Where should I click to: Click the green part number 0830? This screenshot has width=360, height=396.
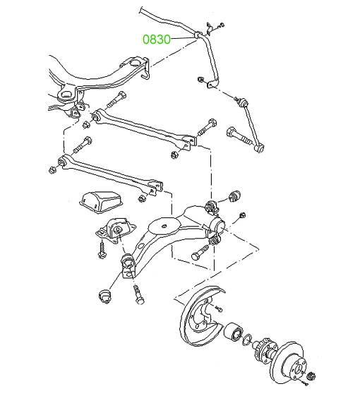157,40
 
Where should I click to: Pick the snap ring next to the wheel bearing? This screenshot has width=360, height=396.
247,340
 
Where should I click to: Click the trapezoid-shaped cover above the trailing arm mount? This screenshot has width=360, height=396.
101,200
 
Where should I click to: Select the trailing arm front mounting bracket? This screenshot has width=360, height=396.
115,231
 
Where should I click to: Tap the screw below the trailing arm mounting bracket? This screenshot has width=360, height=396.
102,249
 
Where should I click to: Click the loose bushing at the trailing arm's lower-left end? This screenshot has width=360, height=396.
106,296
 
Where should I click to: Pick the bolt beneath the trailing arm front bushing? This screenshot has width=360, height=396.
138,294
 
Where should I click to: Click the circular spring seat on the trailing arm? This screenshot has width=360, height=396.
164,225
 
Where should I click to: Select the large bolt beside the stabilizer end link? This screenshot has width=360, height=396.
240,136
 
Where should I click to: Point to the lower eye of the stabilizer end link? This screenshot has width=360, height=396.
259,148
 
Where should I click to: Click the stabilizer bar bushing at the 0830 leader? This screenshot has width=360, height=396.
198,35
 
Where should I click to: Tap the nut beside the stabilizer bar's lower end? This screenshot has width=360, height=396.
200,79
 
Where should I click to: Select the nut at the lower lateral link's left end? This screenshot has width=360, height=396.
52,169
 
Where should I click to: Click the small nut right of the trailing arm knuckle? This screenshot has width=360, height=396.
242,215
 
